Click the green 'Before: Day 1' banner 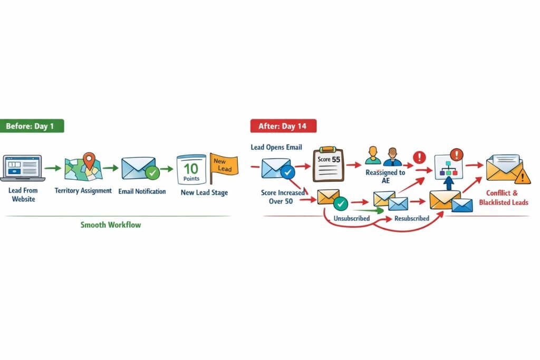click(33, 126)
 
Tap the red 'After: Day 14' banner click(283, 126)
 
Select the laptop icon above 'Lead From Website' click(22, 168)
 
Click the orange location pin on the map click(90, 160)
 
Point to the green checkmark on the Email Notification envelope click(152, 172)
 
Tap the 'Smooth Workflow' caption click(111, 225)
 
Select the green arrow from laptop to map click(52, 169)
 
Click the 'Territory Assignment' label click(83, 191)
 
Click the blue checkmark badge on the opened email click(287, 171)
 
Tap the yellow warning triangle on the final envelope click(524, 176)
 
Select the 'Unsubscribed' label click(351, 218)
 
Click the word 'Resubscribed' click(412, 218)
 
